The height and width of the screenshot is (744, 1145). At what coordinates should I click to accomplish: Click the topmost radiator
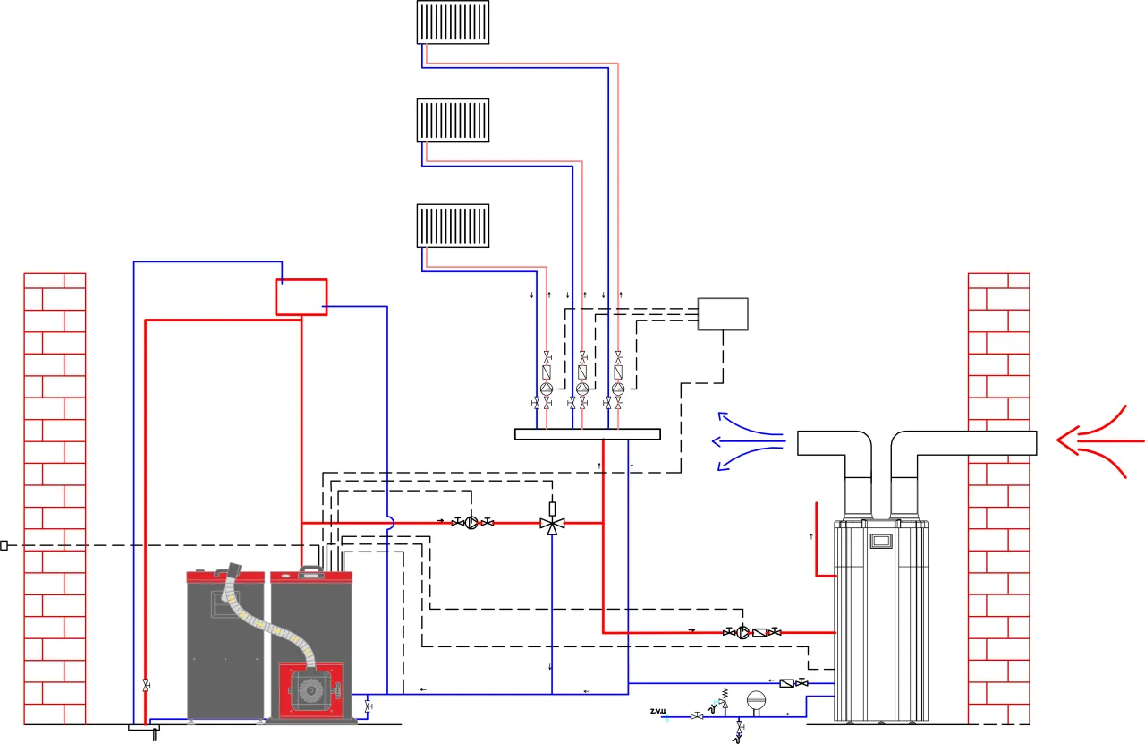453,22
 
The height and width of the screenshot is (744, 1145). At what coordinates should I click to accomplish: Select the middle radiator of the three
453,120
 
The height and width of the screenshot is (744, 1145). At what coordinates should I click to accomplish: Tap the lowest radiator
453,226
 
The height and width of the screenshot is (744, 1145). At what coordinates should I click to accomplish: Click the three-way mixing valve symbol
552,524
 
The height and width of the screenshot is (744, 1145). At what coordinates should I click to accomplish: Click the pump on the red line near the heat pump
743,632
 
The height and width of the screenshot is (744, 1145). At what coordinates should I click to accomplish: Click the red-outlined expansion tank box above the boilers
301,297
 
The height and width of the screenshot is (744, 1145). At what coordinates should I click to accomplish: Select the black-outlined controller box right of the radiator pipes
722,314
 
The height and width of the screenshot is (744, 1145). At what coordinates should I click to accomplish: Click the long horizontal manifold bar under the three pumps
587,434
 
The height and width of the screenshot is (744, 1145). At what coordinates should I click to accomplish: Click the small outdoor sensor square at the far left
4,545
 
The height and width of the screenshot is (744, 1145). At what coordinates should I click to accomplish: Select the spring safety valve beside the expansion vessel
725,697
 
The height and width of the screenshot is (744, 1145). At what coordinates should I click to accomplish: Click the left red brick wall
55,498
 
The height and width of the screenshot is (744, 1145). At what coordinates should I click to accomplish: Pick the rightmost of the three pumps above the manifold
618,389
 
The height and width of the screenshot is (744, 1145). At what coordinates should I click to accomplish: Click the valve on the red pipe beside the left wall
146,685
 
